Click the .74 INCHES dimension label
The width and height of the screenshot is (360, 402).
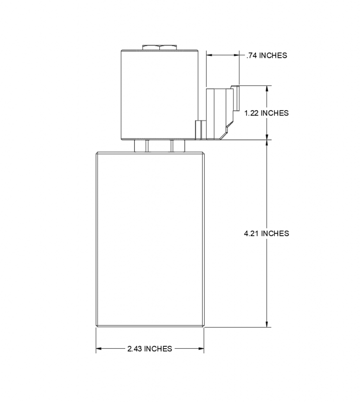coord(266,55)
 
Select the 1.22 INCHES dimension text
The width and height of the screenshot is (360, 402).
coord(266,113)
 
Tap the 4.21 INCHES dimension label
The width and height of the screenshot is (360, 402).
coord(266,233)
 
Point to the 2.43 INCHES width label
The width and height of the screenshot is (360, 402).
coord(150,349)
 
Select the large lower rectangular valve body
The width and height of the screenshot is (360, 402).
coord(150,239)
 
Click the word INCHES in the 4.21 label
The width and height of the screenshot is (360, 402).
coord(276,233)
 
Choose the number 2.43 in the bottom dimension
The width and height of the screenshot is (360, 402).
coord(135,349)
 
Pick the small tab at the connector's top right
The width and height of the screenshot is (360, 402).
coord(233,88)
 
